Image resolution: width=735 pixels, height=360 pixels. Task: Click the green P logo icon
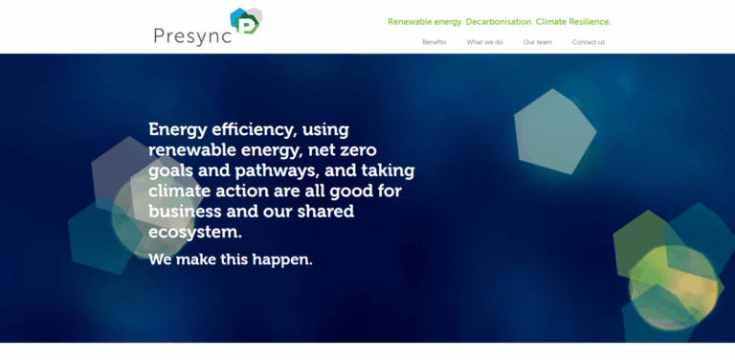[246, 23]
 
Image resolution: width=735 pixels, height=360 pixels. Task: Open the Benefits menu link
[434, 42]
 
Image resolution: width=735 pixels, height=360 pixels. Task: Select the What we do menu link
[484, 42]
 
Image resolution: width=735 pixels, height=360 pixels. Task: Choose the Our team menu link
[537, 42]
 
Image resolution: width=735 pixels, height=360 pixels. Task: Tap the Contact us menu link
[589, 42]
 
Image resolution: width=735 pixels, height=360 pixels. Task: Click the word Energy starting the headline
[177, 129]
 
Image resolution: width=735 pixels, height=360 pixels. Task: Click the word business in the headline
[185, 212]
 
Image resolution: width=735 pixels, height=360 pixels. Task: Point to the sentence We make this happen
[231, 259]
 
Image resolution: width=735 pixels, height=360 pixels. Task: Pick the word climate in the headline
[179, 191]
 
